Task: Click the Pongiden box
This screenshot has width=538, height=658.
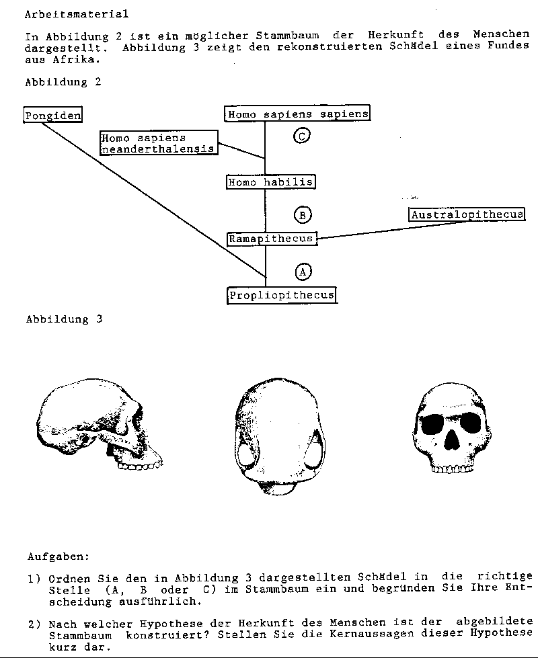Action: coord(52,114)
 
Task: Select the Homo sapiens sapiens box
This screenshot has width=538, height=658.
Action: coord(297,114)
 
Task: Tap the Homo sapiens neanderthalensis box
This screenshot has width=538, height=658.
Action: coord(159,142)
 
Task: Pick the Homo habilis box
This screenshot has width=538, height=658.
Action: coord(271,182)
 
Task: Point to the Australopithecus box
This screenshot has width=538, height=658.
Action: coord(467,214)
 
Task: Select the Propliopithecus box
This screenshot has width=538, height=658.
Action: coord(282,295)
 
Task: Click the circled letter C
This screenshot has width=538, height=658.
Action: coord(301,136)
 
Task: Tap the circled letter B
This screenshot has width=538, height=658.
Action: coord(303,215)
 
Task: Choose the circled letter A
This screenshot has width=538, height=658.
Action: coord(303,272)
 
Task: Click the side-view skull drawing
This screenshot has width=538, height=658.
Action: coord(100,424)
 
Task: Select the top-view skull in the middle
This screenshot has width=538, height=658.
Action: coord(280,436)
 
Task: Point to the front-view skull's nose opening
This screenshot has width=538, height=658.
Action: coord(452,440)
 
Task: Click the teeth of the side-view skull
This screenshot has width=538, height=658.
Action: coord(140,464)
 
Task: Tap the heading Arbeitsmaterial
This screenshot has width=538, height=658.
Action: coord(77,14)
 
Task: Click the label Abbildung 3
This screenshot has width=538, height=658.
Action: coord(64,319)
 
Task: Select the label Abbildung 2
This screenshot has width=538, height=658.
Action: coord(63,81)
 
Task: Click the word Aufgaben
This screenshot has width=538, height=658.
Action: coord(59,557)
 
